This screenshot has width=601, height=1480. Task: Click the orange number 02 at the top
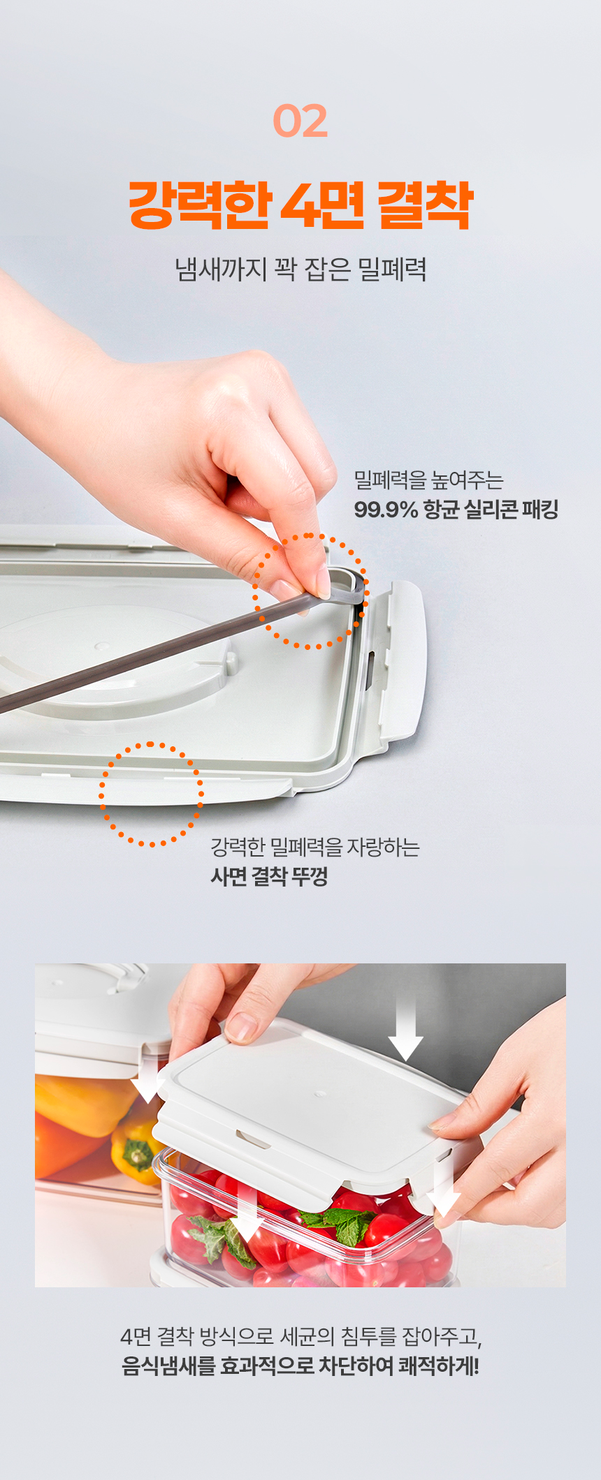[x=300, y=121]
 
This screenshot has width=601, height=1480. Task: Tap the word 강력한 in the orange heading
[x=199, y=205]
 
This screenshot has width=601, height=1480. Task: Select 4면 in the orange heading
[x=322, y=205]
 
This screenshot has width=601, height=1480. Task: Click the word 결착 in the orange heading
[x=425, y=205]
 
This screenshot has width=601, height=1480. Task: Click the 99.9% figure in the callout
[x=386, y=510]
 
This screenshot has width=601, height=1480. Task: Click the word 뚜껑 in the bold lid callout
[x=310, y=876]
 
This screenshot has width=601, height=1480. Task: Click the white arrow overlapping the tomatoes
[x=247, y=1215]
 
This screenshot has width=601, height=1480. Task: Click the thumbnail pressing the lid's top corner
[x=242, y=1026]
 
